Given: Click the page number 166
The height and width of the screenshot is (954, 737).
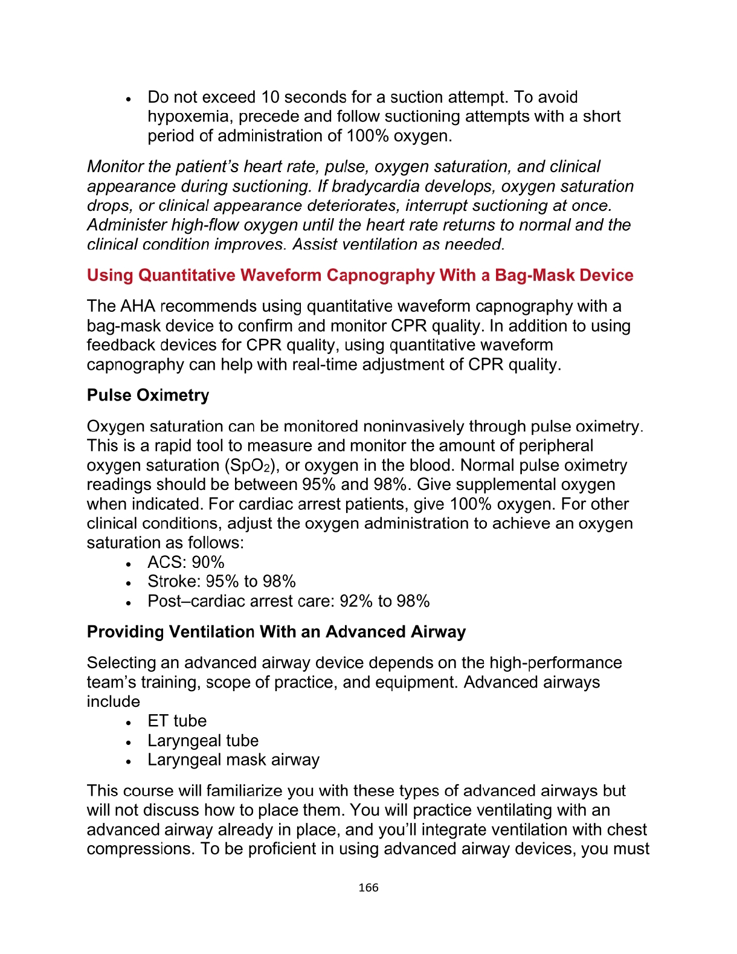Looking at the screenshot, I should (368, 888).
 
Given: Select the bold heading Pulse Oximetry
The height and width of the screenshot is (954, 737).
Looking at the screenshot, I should (148, 395).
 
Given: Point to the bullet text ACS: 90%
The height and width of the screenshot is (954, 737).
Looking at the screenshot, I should (186, 562).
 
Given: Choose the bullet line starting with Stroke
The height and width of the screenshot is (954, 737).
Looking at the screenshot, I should (222, 582).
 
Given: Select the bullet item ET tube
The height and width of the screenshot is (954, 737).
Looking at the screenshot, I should (177, 721).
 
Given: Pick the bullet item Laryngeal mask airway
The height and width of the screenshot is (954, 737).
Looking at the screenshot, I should (233, 760).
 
